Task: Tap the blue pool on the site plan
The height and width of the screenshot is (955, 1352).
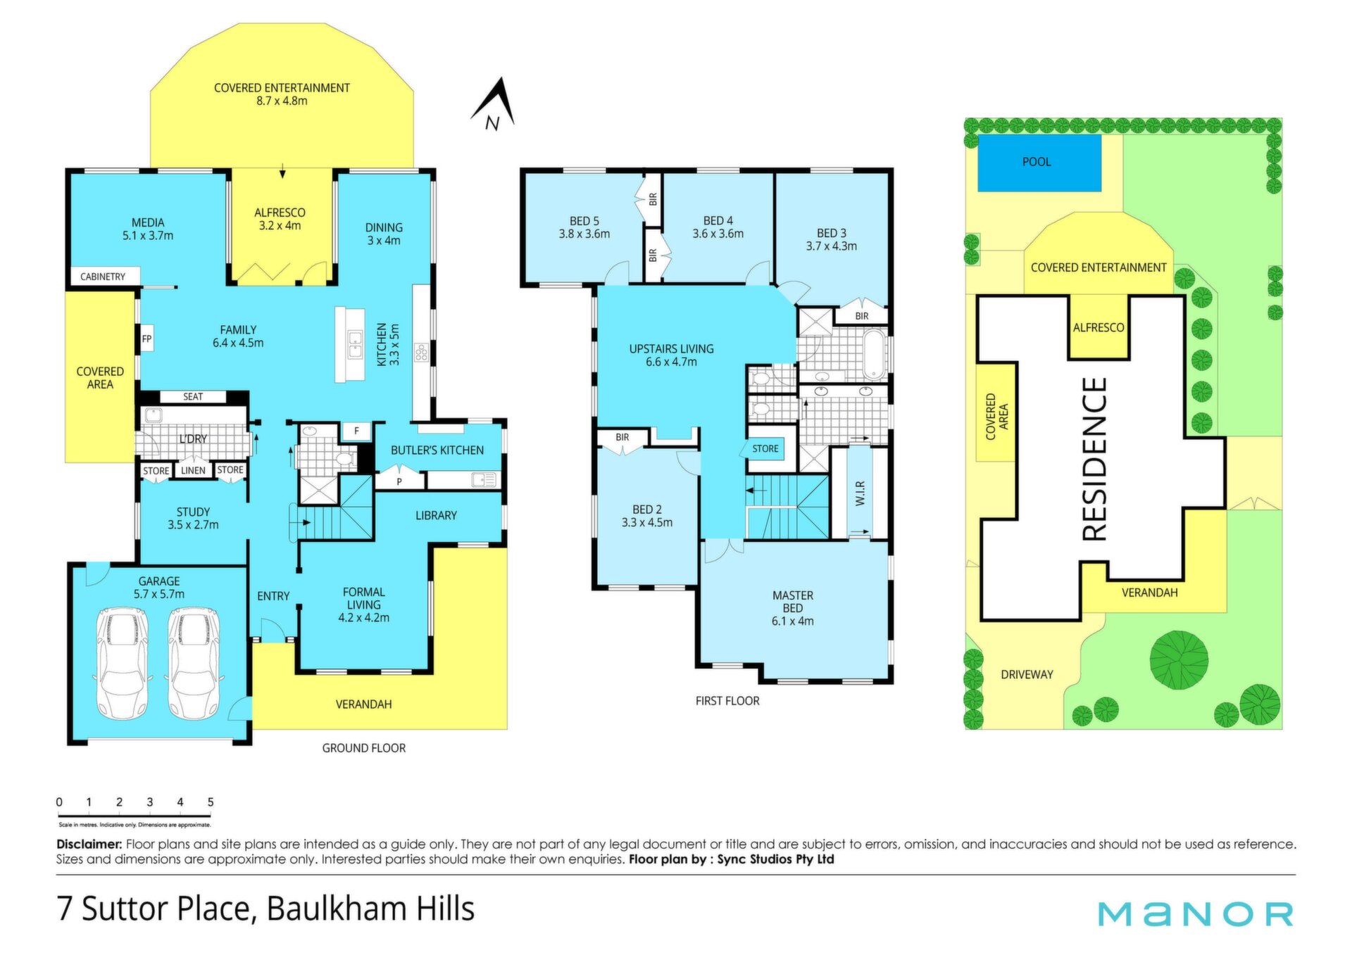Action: pos(1039,163)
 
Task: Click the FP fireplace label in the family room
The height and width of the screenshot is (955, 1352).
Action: pos(146,339)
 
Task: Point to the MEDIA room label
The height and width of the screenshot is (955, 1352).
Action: pos(148,222)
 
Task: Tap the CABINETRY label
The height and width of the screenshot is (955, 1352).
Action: pos(103,277)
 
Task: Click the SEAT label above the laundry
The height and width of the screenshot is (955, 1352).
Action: pos(193,397)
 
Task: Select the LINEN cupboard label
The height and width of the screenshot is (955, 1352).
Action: pos(193,471)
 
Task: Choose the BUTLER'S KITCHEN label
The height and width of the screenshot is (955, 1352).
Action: pos(437,450)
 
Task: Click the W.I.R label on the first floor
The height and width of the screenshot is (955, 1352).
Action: pos(860,493)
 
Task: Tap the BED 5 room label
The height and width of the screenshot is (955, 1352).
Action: pos(584,221)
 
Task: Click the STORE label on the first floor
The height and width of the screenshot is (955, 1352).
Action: pos(765,449)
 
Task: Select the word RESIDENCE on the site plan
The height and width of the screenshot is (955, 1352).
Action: pos(1095,459)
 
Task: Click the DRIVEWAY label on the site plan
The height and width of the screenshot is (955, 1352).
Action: pos(1027,674)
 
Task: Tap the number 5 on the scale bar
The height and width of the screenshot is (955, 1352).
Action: pos(211,802)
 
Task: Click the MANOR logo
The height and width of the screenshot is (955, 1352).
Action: pos(1196,913)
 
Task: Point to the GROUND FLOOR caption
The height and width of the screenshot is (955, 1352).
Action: pos(364,748)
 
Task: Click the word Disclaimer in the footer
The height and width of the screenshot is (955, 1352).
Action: pos(89,844)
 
